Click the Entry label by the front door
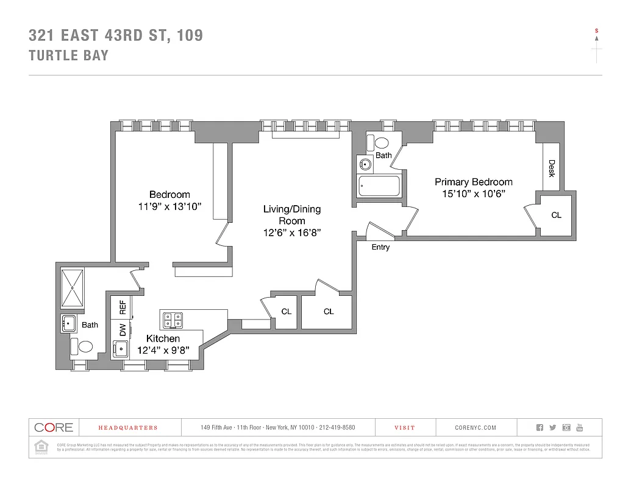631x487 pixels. click(x=380, y=247)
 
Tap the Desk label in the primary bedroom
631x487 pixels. click(x=551, y=168)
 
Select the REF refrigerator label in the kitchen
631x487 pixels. click(x=123, y=307)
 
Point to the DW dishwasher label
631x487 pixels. click(x=123, y=330)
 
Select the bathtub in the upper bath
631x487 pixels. click(x=379, y=186)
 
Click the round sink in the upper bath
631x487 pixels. click(x=366, y=164)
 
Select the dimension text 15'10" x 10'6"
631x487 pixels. click(x=474, y=194)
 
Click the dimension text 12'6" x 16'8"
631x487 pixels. click(x=291, y=232)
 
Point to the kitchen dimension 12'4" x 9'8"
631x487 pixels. click(x=163, y=350)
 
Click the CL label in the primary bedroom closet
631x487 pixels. click(x=556, y=215)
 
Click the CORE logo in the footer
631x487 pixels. click(x=54, y=427)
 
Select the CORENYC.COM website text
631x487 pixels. click(x=476, y=428)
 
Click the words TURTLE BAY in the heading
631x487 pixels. click(x=69, y=55)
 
